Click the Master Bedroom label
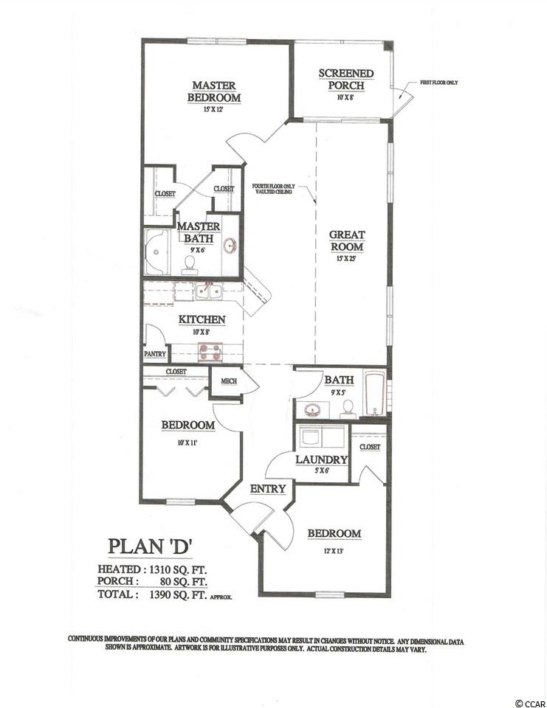click(214, 91)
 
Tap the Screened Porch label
click(345, 79)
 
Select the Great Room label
click(347, 240)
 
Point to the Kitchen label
click(202, 319)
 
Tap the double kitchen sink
click(208, 291)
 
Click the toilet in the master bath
click(190, 265)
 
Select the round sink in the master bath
click(231, 246)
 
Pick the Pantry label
click(155, 353)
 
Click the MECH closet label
click(229, 381)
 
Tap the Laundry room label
click(321, 459)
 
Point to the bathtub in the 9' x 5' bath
click(374, 394)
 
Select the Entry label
click(268, 488)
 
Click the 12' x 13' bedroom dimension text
click(334, 551)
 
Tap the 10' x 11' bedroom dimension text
click(188, 443)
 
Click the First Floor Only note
click(439, 83)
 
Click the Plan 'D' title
click(151, 546)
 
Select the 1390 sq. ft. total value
click(178, 594)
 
